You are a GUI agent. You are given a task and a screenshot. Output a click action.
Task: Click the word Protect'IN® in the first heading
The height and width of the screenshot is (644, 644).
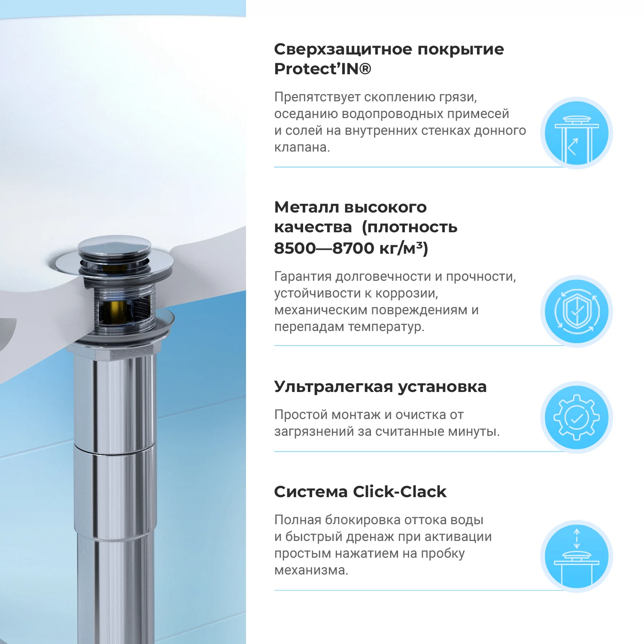[x=322, y=69]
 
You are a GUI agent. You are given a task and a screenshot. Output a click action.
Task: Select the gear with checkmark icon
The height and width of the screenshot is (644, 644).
[x=576, y=417]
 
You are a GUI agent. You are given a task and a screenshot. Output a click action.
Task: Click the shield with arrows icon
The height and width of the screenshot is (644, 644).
[x=576, y=311]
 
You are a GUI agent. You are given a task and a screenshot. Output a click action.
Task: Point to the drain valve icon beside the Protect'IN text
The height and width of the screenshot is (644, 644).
[x=576, y=133]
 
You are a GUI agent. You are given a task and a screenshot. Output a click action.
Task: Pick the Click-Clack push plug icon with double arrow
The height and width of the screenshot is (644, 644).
[x=576, y=556]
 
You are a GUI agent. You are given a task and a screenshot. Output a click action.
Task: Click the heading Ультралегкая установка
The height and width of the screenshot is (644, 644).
[x=380, y=387]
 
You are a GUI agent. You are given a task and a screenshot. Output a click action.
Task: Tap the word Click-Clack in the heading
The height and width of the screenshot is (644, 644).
[x=399, y=492]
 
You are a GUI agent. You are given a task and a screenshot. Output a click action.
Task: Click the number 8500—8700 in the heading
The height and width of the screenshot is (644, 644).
[x=324, y=248]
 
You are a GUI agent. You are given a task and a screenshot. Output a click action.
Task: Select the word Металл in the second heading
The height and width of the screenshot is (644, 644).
[x=306, y=207]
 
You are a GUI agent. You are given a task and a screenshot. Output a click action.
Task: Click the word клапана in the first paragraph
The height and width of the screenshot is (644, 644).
[x=301, y=147]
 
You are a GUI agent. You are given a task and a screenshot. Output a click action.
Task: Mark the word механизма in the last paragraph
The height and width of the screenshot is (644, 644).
[x=311, y=570]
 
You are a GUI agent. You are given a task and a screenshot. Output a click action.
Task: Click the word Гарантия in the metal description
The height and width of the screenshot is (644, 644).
[x=303, y=276]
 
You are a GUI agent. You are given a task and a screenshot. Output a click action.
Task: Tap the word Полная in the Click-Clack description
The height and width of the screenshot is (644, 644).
[x=298, y=520]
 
